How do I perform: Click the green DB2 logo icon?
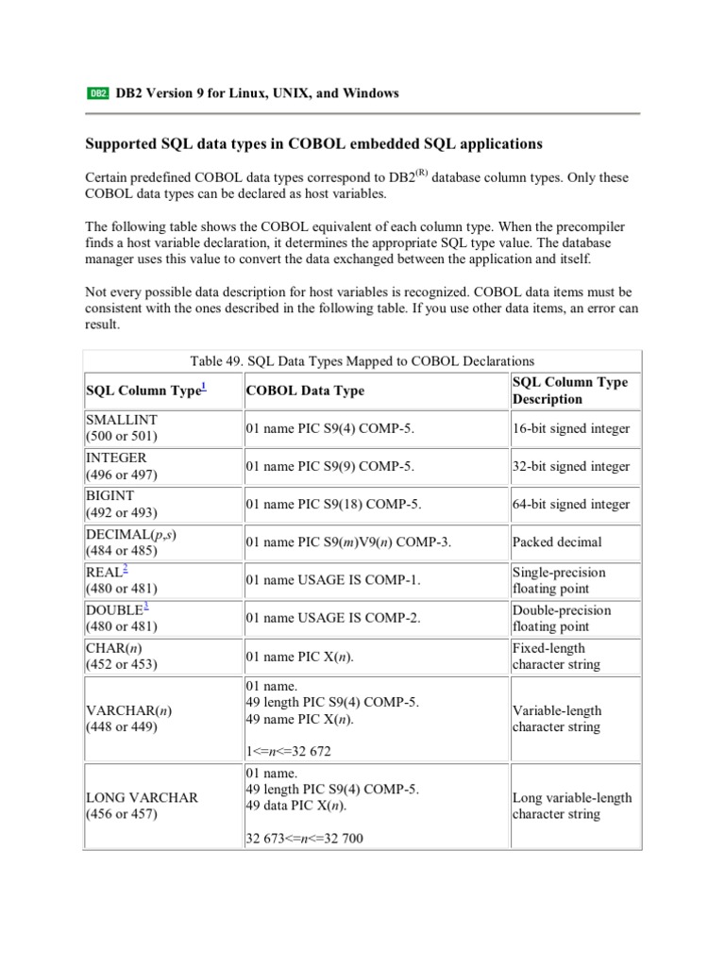pos(98,93)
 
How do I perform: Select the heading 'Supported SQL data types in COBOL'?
pos(314,144)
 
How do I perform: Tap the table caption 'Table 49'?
pos(362,360)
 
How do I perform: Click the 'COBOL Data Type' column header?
pos(305,391)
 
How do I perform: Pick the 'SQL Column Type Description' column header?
pos(569,391)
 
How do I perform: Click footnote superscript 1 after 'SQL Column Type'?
pos(203,387)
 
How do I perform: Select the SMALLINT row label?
pos(122,420)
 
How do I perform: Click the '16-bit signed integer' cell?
pos(570,428)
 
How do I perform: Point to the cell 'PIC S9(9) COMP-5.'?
pos(330,466)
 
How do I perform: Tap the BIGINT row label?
pos(110,495)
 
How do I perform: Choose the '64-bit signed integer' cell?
pos(570,504)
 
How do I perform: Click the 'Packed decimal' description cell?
pos(556,542)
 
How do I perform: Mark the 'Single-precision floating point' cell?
pos(559,580)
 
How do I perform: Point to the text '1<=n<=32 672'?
pos(288,752)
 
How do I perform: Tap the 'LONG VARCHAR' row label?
pos(142,797)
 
